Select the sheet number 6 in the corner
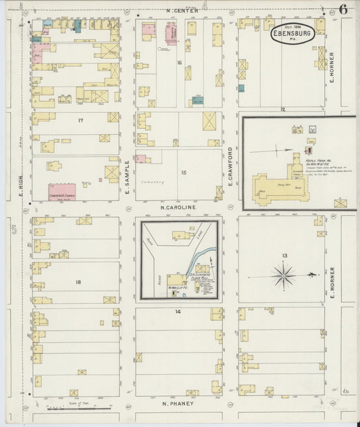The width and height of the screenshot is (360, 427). tap(343, 9)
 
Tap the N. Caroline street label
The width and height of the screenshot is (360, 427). tap(178, 207)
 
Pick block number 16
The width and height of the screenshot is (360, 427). tap(180, 62)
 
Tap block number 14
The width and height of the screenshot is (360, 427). tap(178, 311)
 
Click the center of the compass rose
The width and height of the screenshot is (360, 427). tap(284, 275)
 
